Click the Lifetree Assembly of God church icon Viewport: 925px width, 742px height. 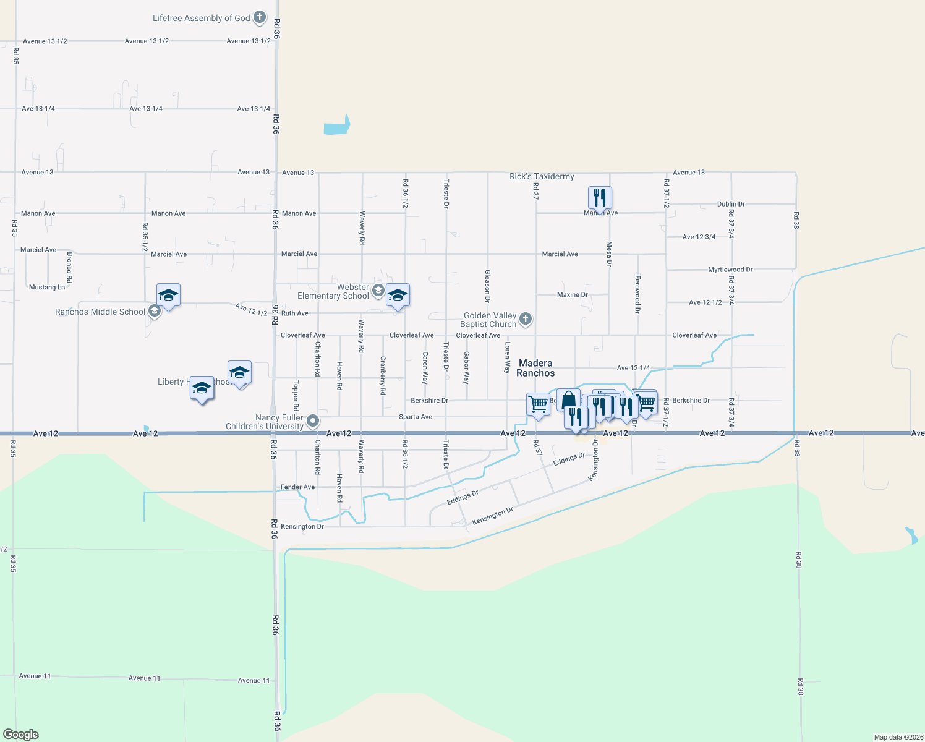pyautogui.click(x=260, y=17)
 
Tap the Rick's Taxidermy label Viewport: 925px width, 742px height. pyautogui.click(x=542, y=177)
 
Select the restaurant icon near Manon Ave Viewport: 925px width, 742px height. pyautogui.click(x=599, y=198)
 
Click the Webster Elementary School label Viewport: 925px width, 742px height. pyautogui.click(x=333, y=292)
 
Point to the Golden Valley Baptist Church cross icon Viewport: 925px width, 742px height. pyautogui.click(x=525, y=319)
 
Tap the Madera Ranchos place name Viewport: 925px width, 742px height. pyautogui.click(x=535, y=368)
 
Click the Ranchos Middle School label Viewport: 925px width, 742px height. pyautogui.click(x=100, y=312)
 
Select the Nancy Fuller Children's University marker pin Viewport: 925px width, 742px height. pyautogui.click(x=313, y=421)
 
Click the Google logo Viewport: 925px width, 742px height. pyautogui.click(x=21, y=735)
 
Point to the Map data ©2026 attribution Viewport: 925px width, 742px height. pyautogui.click(x=898, y=737)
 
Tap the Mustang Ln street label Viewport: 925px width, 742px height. pyautogui.click(x=47, y=288)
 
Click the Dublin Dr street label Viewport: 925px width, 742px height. pyautogui.click(x=731, y=204)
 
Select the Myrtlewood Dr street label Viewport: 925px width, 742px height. pyautogui.click(x=730, y=270)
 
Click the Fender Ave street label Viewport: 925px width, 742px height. pyautogui.click(x=297, y=487)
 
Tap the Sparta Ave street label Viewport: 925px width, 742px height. pyautogui.click(x=416, y=417)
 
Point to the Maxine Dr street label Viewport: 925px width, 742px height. pyautogui.click(x=572, y=295)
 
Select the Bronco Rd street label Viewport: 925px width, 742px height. pyautogui.click(x=70, y=267)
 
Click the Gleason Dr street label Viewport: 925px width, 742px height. pyautogui.click(x=487, y=286)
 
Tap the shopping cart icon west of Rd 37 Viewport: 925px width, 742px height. pyautogui.click(x=538, y=404)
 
